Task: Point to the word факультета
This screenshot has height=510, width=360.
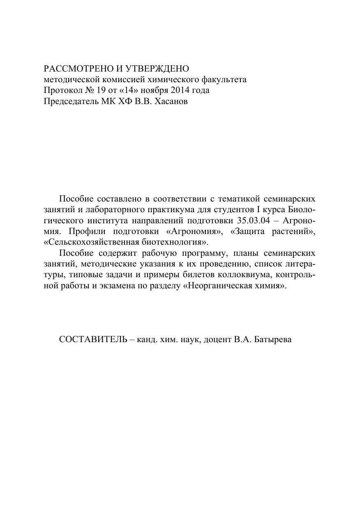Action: point(226,79)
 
